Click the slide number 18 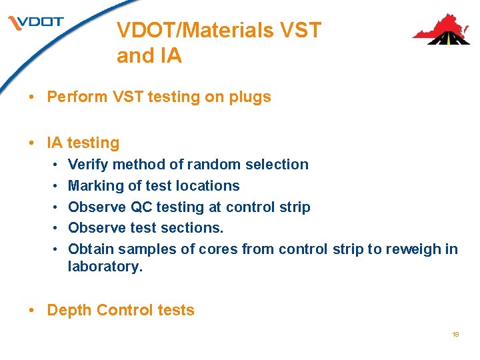coord(455,334)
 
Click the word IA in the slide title coord(170,57)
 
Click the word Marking coord(94,186)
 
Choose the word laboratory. coord(105,267)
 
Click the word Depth coord(69,311)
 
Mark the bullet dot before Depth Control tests coord(33,311)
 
